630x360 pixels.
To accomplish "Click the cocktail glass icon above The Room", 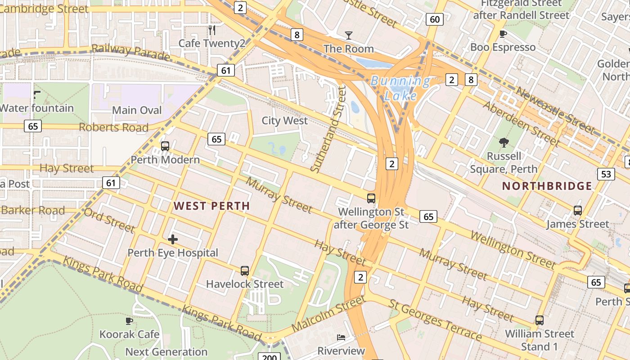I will click(x=349, y=35).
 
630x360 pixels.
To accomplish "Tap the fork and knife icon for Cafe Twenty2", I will click(x=212, y=30).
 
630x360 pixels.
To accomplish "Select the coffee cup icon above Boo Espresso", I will click(x=503, y=34).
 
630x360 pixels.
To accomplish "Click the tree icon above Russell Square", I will click(x=504, y=143).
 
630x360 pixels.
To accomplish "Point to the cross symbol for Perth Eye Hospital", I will click(x=172, y=239).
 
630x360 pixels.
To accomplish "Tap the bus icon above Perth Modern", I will click(x=165, y=146).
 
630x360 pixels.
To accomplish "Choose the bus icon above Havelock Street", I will click(x=245, y=271).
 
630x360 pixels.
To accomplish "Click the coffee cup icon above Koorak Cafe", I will click(x=129, y=321).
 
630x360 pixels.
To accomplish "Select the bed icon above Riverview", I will click(x=341, y=337).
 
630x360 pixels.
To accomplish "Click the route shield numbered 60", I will click(x=434, y=19).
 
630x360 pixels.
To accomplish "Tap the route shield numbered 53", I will click(x=606, y=174).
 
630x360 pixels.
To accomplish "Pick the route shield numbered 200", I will click(x=269, y=357).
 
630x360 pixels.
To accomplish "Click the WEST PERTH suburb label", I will click(x=211, y=206).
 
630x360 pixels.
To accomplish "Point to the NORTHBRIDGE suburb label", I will click(x=547, y=186).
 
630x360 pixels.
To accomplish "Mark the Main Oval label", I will click(x=137, y=110).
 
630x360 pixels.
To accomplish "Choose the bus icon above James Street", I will click(x=578, y=211).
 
